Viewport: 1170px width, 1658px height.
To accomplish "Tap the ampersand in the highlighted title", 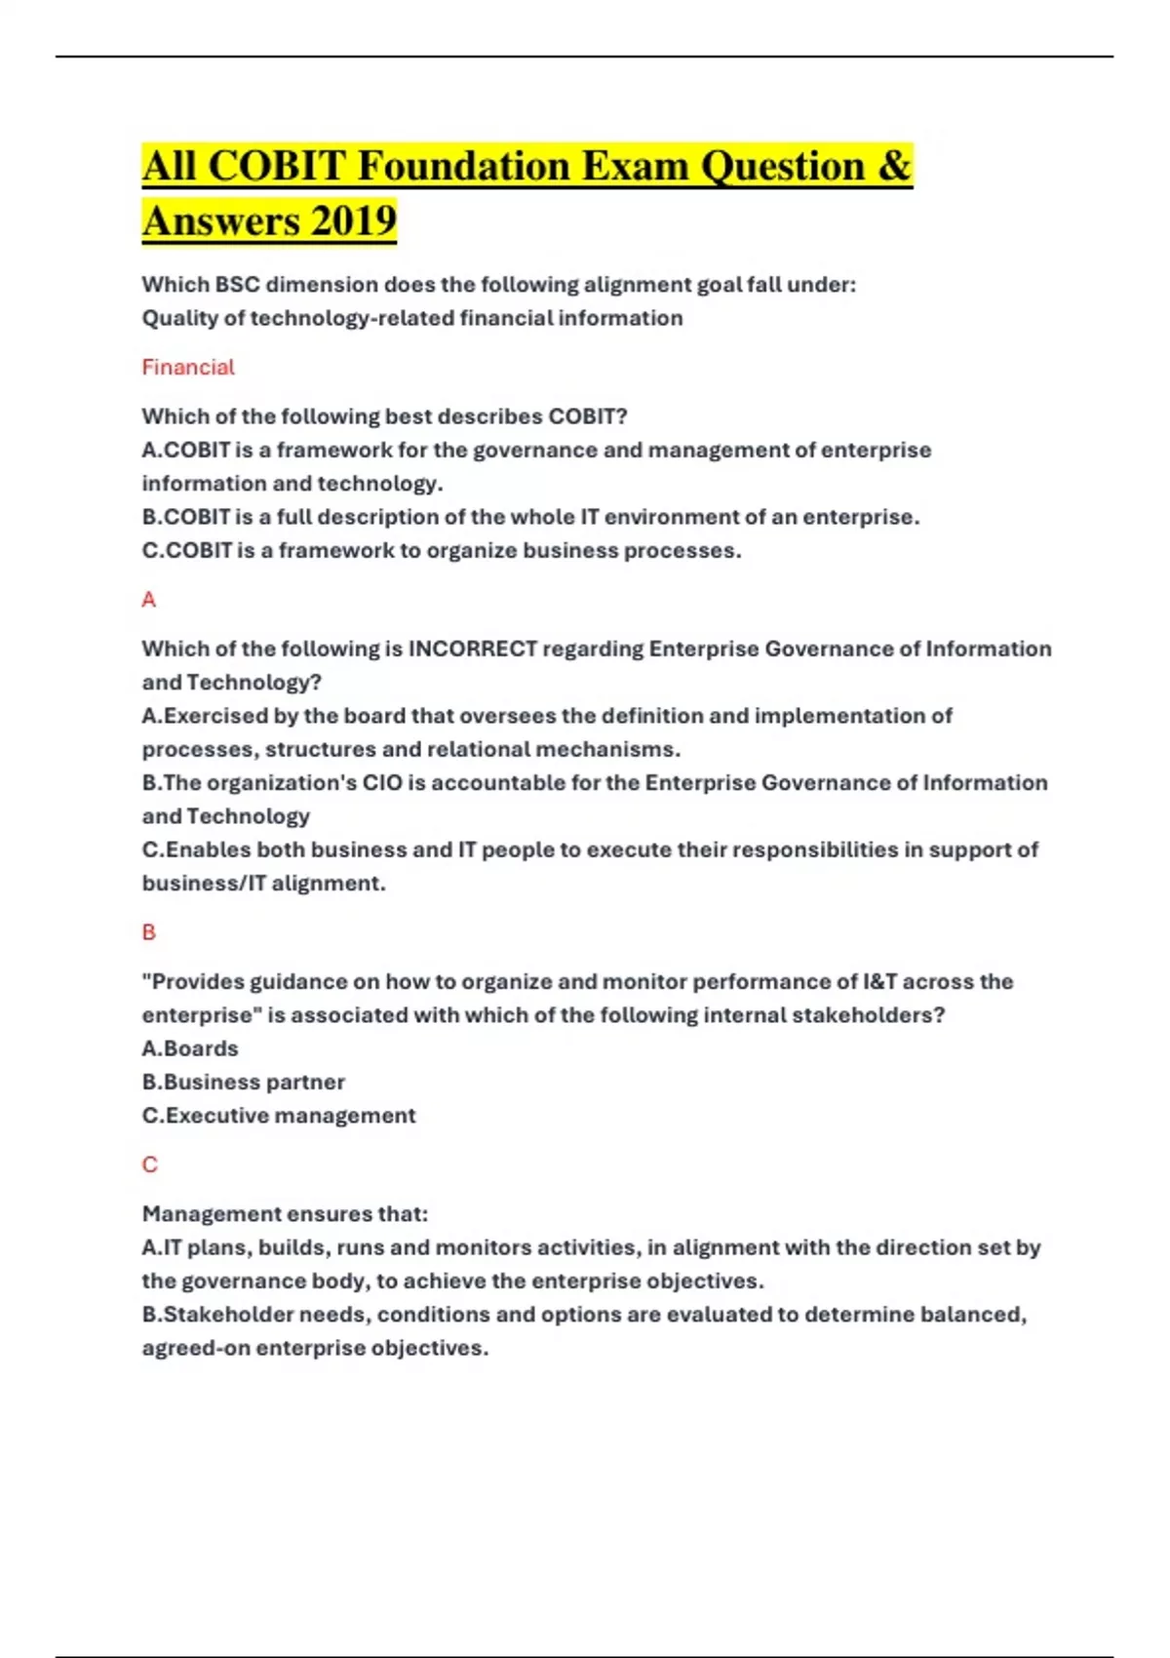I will coord(894,166).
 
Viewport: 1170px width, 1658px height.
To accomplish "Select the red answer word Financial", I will coord(188,368).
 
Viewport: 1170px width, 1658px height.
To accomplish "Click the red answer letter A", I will coord(149,600).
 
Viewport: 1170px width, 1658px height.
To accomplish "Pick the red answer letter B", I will coord(149,932).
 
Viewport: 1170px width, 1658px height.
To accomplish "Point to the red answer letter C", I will coord(149,1165).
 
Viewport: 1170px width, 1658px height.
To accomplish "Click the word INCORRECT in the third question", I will coord(473,650).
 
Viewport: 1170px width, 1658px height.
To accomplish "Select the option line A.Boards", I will coord(190,1048).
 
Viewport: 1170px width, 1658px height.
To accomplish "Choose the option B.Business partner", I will coord(244,1083).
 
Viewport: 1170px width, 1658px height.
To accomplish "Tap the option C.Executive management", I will coord(279,1116).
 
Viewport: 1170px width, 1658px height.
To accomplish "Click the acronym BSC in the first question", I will coord(237,285).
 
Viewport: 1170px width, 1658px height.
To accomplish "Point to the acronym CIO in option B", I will coord(382,783).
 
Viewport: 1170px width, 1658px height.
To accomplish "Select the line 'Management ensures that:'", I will coord(285,1214).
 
